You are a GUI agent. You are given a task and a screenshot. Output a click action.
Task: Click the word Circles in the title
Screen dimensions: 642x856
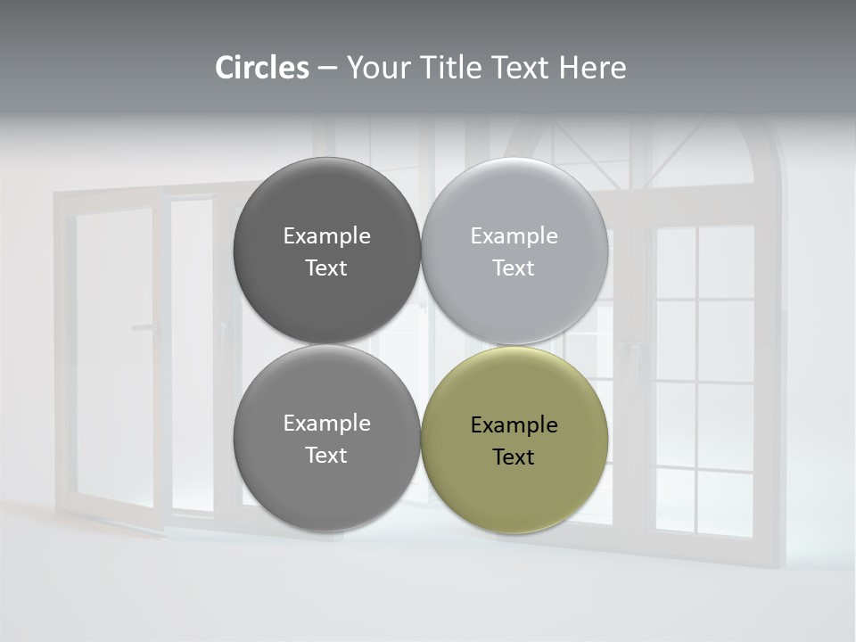262,68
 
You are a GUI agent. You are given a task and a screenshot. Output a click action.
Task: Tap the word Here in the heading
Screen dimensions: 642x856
593,68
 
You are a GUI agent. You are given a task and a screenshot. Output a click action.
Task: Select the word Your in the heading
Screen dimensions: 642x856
378,68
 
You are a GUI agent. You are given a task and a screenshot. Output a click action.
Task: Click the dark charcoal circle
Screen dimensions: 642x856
326,205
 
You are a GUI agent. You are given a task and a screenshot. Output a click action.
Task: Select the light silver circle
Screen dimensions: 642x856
514,205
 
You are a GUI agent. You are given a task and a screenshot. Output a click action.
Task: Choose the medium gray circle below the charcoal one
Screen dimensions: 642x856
326,486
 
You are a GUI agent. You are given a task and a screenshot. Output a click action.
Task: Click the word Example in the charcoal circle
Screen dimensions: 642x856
326,235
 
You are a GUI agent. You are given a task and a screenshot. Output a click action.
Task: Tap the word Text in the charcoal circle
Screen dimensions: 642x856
326,267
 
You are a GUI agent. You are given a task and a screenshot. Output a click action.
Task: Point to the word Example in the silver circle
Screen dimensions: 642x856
514,235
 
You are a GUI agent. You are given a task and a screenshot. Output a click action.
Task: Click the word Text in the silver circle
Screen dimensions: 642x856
514,267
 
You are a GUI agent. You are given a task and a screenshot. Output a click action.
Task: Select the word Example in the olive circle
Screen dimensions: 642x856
514,424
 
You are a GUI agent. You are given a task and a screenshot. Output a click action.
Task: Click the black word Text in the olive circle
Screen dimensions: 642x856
514,457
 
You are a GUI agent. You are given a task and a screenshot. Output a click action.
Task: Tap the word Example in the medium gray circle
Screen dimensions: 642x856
326,423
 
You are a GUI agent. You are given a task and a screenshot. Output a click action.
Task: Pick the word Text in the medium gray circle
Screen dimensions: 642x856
326,455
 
